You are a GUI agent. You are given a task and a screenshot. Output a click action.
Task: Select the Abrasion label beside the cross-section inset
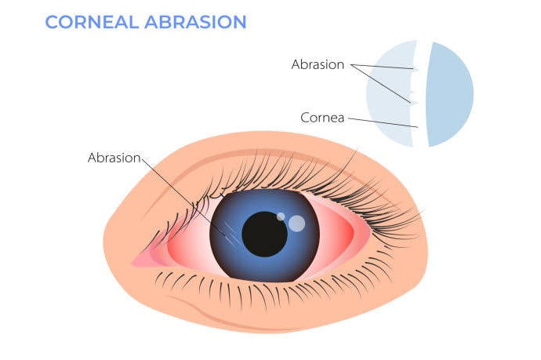click(x=318, y=65)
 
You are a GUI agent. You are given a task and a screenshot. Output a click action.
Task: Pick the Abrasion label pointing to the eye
click(x=114, y=157)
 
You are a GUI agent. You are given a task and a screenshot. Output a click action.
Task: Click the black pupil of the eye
click(x=264, y=234)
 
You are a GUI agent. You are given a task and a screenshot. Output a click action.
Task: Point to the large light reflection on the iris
click(x=296, y=224)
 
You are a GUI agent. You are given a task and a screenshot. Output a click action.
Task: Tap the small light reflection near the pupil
click(x=281, y=216)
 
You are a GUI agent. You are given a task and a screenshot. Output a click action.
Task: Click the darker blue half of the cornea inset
click(x=450, y=94)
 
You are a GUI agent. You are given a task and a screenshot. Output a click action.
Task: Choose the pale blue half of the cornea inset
click(x=389, y=94)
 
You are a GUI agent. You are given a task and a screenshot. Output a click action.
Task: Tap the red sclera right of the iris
click(x=337, y=235)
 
